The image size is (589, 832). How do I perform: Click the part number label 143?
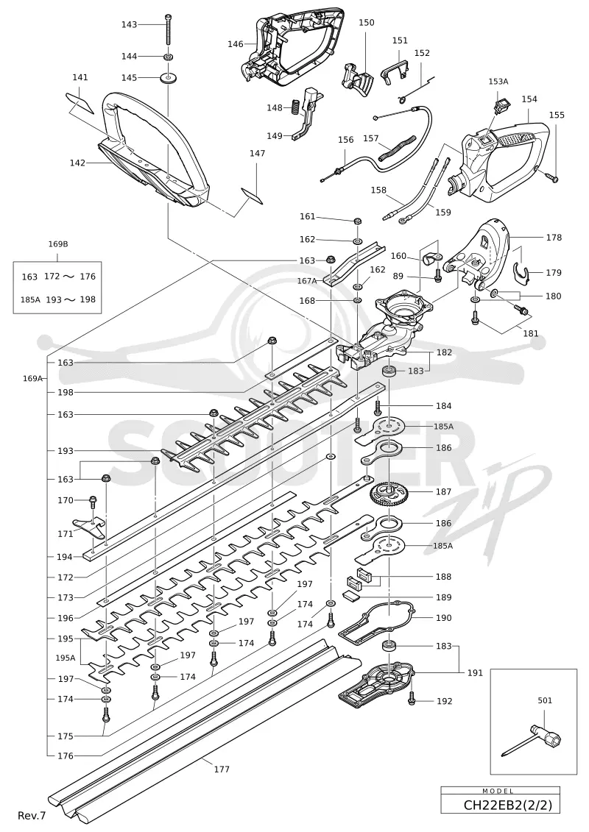tap(129, 24)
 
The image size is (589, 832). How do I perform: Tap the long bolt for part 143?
tap(168, 29)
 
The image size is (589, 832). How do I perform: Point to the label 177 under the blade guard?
tap(222, 769)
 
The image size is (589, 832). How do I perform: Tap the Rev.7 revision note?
tap(32, 815)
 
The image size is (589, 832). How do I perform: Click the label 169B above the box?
tap(58, 244)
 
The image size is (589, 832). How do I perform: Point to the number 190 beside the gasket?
tap(443, 618)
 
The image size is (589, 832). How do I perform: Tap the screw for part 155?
tap(552, 178)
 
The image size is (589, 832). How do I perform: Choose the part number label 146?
tap(236, 44)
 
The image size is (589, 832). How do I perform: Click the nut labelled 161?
tap(357, 220)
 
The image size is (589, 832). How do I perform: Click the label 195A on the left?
tap(66, 658)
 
